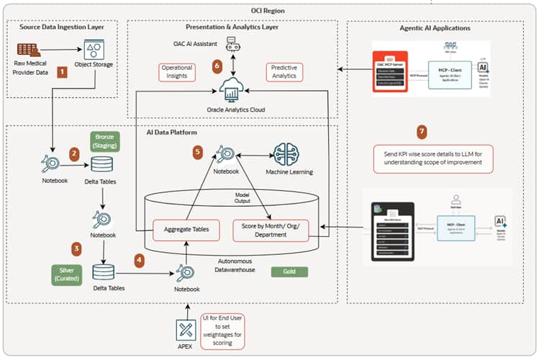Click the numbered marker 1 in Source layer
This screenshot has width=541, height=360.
(63, 72)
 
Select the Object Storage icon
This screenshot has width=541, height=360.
(93, 49)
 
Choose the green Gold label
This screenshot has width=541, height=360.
(289, 272)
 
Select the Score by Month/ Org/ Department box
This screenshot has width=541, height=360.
(270, 229)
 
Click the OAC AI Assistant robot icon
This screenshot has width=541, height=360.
(232, 45)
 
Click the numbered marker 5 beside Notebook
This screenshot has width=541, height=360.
(199, 152)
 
